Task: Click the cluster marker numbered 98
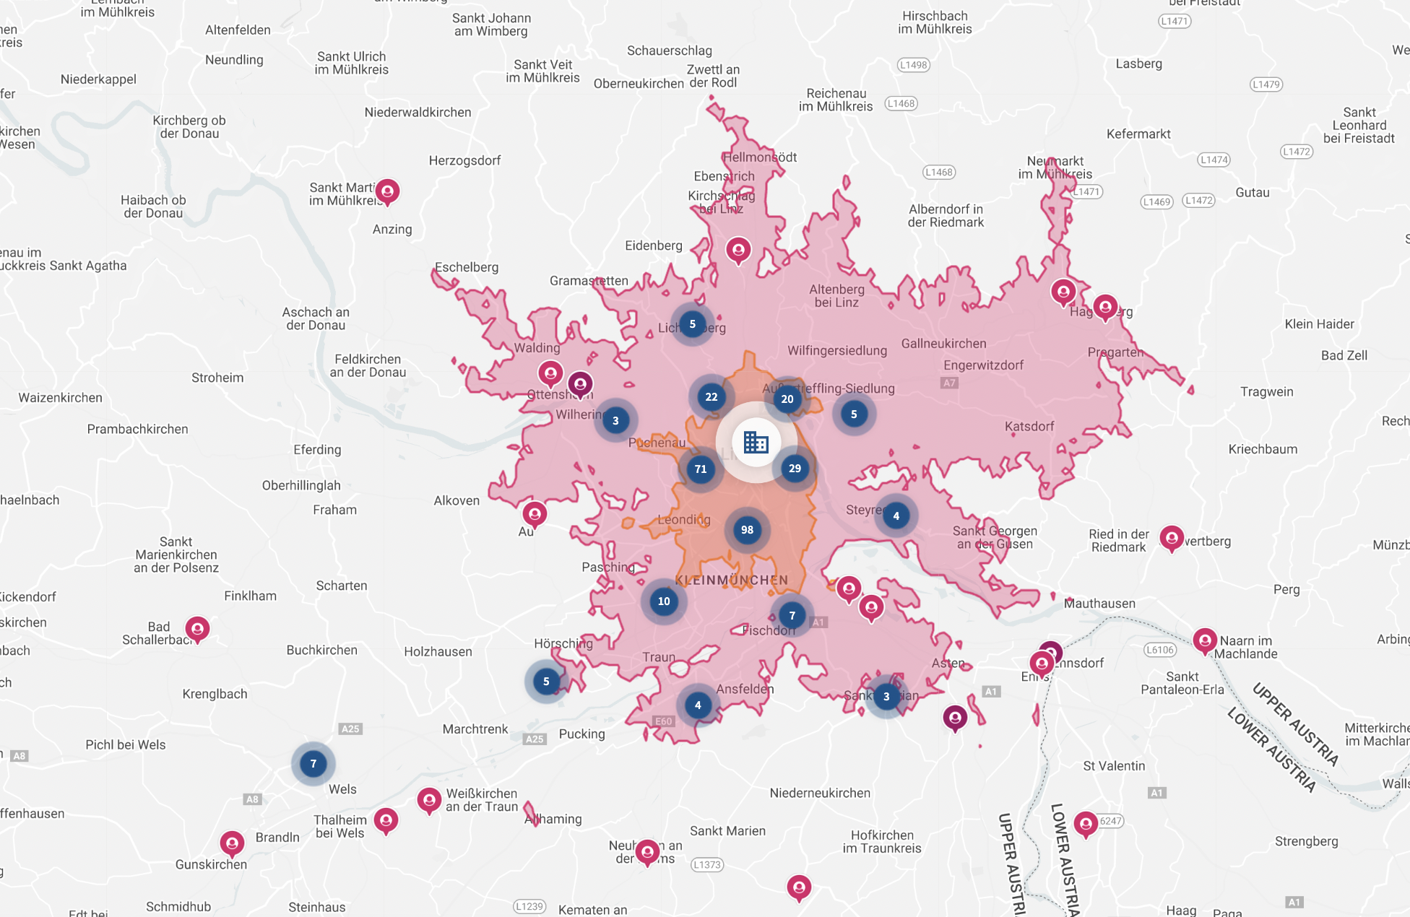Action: click(x=747, y=530)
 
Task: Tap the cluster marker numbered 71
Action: click(x=700, y=469)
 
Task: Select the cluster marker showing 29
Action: click(x=795, y=469)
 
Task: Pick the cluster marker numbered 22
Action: click(x=712, y=397)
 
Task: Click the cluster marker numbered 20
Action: click(x=787, y=399)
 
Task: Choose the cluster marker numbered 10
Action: click(x=664, y=601)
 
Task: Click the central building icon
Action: click(x=756, y=442)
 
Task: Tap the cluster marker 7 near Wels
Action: click(x=313, y=764)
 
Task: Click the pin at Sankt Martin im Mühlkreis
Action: click(x=388, y=191)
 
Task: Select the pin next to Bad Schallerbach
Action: click(x=197, y=629)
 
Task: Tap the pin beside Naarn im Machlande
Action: click(x=1204, y=640)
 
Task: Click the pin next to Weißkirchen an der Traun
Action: click(x=429, y=800)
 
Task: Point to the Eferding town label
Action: click(x=317, y=450)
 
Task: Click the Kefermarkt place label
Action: click(x=1138, y=134)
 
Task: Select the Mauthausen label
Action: click(x=1099, y=604)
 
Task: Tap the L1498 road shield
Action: click(x=913, y=65)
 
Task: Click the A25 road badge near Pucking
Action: click(x=535, y=739)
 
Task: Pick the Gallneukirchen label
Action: click(x=943, y=344)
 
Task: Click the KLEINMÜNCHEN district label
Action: click(x=731, y=581)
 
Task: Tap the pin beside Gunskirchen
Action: click(x=232, y=843)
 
